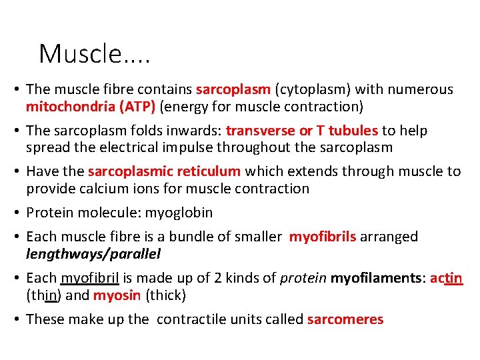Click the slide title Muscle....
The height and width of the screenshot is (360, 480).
pyautogui.click(x=94, y=53)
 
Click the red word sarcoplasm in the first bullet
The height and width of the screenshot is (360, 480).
pyautogui.click(x=233, y=89)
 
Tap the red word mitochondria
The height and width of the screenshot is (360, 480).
pyautogui.click(x=66, y=106)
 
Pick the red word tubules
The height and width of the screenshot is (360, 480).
pyautogui.click(x=354, y=131)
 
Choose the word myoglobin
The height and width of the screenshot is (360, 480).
pyautogui.click(x=181, y=213)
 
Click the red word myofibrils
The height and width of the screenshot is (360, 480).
pyautogui.click(x=323, y=237)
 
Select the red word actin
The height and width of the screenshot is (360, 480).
pyautogui.click(x=447, y=278)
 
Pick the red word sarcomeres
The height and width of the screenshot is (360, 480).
pyautogui.click(x=345, y=319)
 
